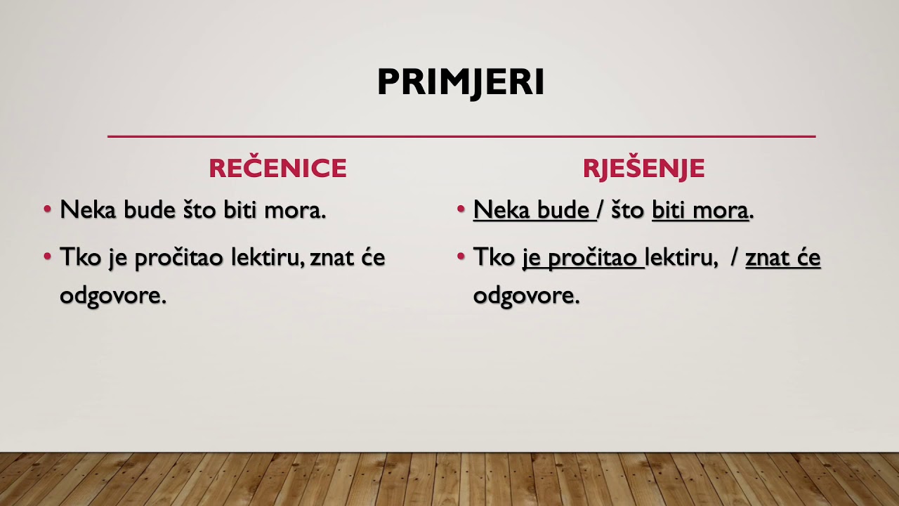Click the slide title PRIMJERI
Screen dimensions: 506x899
pos(461,82)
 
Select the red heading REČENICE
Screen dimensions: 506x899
pos(277,169)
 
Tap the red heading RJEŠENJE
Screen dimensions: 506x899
pos(643,169)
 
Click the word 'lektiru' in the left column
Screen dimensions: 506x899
pos(268,258)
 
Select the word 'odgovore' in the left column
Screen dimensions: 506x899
pos(112,296)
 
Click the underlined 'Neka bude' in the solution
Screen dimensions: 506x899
pos(532,210)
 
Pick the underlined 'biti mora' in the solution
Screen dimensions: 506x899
pos(700,210)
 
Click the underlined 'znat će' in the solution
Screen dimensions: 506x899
pos(782,258)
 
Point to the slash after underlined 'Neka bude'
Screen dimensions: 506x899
pos(601,210)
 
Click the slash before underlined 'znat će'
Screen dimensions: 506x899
pos(734,258)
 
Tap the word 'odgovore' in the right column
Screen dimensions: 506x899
pos(525,296)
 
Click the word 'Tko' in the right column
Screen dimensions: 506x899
pos(494,258)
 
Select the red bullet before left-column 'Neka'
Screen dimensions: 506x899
pos(48,209)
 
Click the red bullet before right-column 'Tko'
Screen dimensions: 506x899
pos(461,257)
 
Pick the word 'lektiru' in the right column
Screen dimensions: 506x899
pos(681,258)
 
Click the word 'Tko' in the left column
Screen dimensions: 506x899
pos(80,258)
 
